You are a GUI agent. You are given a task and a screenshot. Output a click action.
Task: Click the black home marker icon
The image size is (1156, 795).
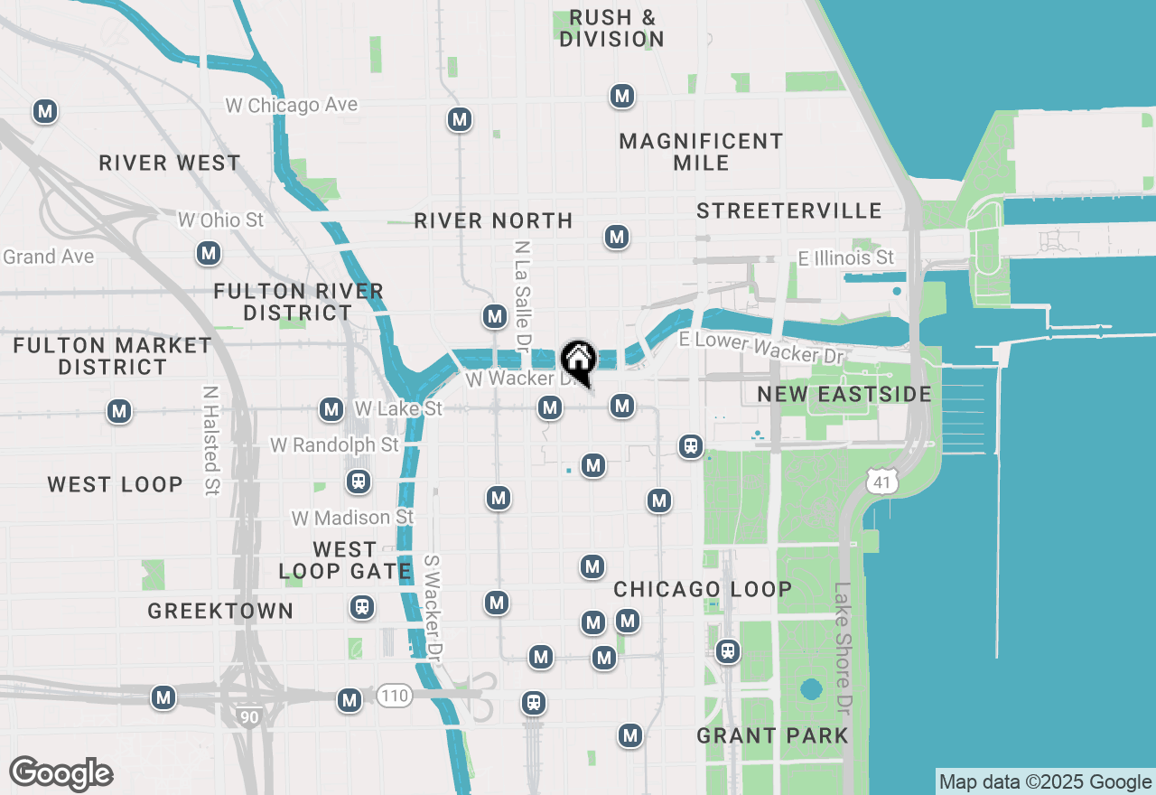(x=578, y=361)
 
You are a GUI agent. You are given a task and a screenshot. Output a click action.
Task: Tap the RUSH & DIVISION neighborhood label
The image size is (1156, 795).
(x=611, y=28)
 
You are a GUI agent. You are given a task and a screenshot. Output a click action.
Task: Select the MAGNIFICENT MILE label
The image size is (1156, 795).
(x=701, y=152)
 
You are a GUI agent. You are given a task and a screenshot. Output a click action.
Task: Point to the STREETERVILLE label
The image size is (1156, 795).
(x=789, y=210)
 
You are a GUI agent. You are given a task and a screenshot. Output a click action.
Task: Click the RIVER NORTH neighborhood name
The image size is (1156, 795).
(x=493, y=220)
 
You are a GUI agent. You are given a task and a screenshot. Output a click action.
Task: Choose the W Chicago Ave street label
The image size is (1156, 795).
(x=291, y=105)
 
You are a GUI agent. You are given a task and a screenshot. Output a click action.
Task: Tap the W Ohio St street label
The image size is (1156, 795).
(x=221, y=220)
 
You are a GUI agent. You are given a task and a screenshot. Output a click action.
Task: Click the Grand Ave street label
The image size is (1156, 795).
(x=49, y=257)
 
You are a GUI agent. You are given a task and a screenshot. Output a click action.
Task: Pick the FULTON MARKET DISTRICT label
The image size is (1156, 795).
(x=113, y=356)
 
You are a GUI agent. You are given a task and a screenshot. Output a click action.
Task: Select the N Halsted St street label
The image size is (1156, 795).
(x=211, y=441)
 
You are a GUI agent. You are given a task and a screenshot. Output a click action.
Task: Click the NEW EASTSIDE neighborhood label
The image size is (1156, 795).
(x=844, y=394)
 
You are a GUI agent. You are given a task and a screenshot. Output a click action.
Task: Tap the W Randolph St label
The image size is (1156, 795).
(x=334, y=445)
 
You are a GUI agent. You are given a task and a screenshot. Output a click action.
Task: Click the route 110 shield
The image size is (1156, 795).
(x=395, y=695)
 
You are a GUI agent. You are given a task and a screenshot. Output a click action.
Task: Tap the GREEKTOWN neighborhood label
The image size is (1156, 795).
(x=220, y=611)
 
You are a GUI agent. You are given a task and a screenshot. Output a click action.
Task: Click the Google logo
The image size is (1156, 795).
(x=61, y=774)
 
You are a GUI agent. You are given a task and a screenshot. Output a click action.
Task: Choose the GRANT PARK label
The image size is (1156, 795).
(x=772, y=735)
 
